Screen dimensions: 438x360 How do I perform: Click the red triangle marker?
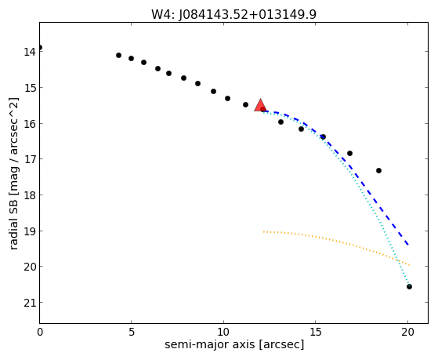[260, 106]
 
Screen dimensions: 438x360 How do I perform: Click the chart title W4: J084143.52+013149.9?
[233, 15]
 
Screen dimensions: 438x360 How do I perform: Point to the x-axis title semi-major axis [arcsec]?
[234, 344]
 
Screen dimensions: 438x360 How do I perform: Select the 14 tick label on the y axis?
[30, 52]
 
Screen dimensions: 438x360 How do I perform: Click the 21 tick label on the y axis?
[30, 303]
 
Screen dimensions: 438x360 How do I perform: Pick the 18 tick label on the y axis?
[30, 195]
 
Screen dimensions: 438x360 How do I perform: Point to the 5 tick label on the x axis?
[132, 332]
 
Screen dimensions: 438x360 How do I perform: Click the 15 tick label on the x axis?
[315, 332]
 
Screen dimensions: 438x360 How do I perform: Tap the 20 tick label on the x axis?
[407, 332]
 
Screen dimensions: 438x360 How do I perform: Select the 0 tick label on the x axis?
[40, 332]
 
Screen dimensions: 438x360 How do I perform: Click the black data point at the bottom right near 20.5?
[409, 287]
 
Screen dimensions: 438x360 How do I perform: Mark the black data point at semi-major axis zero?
[40, 48]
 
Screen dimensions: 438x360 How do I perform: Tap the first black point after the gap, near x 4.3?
[119, 56]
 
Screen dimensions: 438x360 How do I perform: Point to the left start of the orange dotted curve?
[263, 231]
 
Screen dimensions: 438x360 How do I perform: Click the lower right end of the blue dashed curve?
[409, 245]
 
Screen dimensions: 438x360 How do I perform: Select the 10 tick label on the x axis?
[223, 332]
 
